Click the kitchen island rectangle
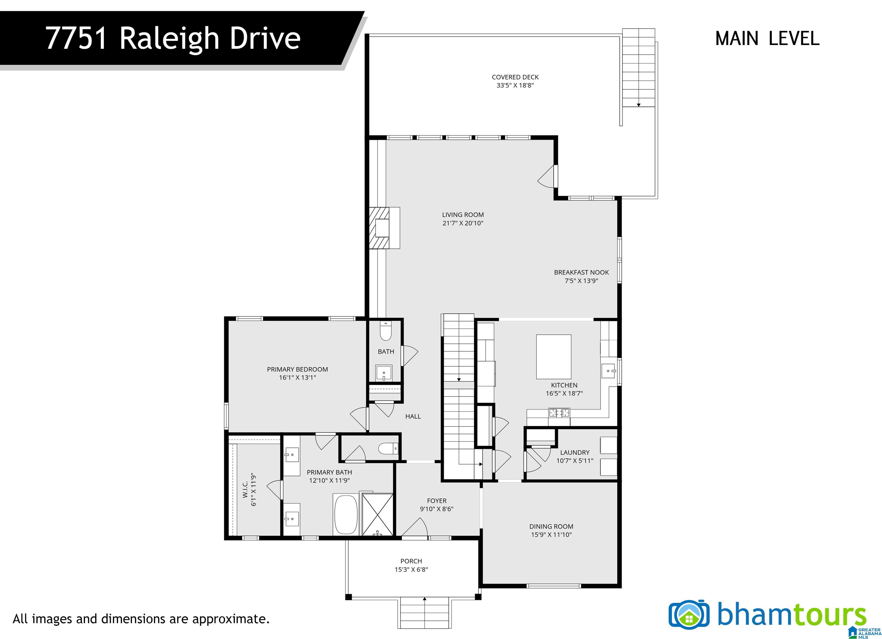[553, 357]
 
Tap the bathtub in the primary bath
[346, 515]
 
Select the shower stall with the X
[377, 515]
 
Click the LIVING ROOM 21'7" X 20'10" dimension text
[463, 223]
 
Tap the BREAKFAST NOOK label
[581, 272]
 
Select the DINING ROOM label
[551, 526]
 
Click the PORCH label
[411, 561]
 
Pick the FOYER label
[437, 501]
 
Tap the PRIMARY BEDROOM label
[297, 369]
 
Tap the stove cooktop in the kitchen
[559, 412]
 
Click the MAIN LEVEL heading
[767, 38]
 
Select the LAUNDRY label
[575, 452]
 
